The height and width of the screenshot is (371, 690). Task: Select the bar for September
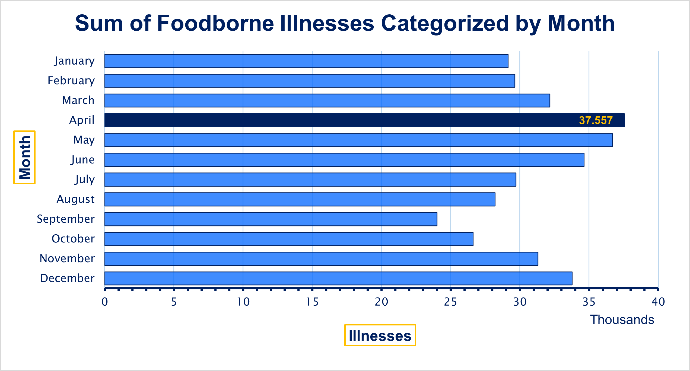(x=271, y=219)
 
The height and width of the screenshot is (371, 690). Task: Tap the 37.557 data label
(x=596, y=120)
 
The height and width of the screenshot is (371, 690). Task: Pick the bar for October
(x=289, y=239)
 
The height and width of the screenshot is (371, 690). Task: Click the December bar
(x=338, y=278)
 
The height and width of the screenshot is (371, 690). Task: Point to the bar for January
(x=306, y=61)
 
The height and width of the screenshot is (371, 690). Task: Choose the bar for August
(x=300, y=199)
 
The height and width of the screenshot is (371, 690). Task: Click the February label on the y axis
(x=71, y=81)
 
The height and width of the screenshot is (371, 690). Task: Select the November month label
(x=67, y=258)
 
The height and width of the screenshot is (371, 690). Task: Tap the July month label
(x=85, y=180)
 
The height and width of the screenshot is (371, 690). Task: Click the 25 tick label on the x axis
(x=450, y=302)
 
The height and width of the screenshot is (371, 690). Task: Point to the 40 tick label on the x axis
(x=658, y=302)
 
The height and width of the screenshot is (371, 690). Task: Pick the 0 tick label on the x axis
(x=105, y=302)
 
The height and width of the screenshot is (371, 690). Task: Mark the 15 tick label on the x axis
(x=312, y=302)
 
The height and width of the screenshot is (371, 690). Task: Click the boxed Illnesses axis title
(x=380, y=335)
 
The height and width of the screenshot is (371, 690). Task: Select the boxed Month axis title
(x=25, y=157)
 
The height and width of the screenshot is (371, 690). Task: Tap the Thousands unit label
(x=622, y=320)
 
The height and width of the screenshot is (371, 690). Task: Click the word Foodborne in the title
(x=215, y=23)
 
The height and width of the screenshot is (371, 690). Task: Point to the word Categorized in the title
(x=445, y=23)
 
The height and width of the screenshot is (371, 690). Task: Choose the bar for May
(x=358, y=140)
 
